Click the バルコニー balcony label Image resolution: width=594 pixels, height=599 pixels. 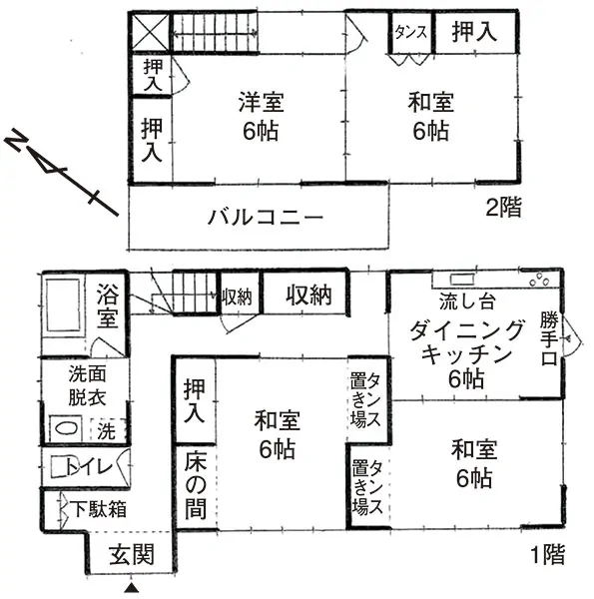click(x=266, y=217)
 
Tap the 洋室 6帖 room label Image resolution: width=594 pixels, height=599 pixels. click(x=261, y=116)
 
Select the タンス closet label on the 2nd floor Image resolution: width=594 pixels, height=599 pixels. click(x=410, y=32)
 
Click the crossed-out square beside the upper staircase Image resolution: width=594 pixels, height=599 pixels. click(x=150, y=33)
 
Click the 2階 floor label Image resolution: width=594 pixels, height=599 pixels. click(x=503, y=208)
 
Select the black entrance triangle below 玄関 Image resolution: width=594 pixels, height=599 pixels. click(x=131, y=588)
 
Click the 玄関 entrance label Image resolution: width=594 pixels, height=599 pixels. click(x=132, y=555)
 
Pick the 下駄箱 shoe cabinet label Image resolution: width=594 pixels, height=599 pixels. click(x=99, y=509)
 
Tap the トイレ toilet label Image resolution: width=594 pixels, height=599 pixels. click(x=90, y=466)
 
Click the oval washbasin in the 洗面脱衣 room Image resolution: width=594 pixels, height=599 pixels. click(x=66, y=428)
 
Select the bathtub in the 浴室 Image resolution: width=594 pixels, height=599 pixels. click(x=63, y=304)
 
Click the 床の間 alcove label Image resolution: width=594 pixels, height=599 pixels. click(x=196, y=485)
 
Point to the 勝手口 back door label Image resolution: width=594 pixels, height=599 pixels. click(x=548, y=339)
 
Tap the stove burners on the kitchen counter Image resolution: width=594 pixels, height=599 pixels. click(x=539, y=280)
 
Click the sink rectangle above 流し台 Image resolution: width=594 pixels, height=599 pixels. click(x=462, y=280)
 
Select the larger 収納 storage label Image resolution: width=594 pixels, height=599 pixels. click(x=308, y=295)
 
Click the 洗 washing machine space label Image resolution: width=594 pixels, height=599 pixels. click(x=106, y=431)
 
